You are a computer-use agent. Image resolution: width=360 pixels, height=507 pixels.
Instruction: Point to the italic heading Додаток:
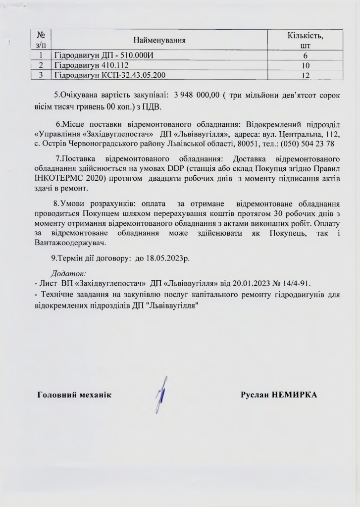click(69, 273)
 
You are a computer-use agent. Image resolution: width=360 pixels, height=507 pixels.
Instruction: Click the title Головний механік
click(75, 395)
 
